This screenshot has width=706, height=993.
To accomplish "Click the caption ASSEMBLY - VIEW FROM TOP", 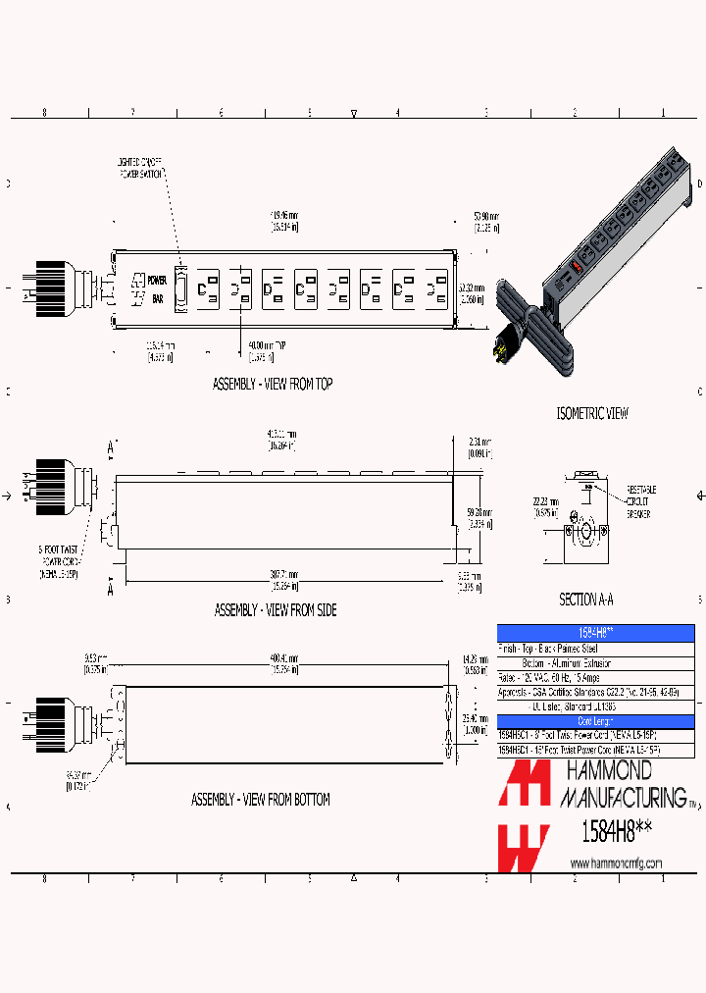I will click(272, 385).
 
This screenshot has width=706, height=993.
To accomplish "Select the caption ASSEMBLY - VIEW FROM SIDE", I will click(275, 610).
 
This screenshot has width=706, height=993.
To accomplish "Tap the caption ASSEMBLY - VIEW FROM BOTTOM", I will click(260, 800).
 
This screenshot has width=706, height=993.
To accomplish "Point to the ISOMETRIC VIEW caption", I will click(592, 414).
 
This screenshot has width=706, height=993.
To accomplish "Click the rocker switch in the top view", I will click(180, 288).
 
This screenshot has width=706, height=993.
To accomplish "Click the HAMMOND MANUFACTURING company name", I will click(622, 782).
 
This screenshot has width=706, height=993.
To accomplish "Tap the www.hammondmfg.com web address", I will click(616, 863).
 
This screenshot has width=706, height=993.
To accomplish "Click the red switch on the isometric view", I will click(576, 266).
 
